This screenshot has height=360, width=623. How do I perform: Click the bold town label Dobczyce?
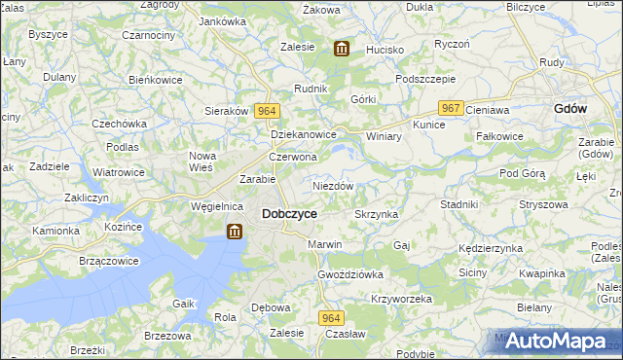289,213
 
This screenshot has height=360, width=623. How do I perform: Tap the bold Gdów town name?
569,109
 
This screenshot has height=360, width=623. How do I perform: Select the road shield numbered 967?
449,108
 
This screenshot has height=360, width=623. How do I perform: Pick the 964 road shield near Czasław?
331,318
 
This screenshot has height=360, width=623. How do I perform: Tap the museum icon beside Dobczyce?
235,232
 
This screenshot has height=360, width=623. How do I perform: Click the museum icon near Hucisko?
341,49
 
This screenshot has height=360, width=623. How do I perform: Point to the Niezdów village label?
333,185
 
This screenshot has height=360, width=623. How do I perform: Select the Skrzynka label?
377,213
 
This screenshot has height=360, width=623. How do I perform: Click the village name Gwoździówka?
350,274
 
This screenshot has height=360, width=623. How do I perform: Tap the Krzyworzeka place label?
401,299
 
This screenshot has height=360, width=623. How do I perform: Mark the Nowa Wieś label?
202,162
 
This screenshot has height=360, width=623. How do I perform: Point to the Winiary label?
384,136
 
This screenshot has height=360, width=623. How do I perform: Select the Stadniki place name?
458,204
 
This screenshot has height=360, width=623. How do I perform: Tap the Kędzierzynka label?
491,248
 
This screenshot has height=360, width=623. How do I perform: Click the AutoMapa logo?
556,340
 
